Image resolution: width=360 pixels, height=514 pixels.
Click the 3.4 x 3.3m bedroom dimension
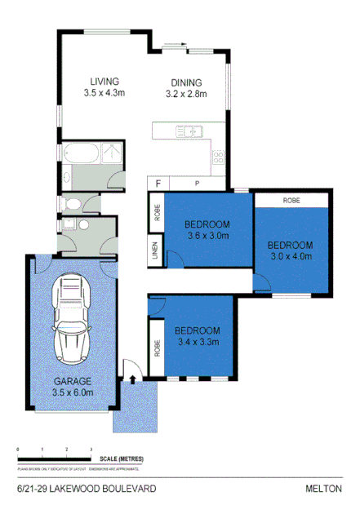coord(198,342)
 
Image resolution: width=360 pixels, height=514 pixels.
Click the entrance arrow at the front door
coord(132,379)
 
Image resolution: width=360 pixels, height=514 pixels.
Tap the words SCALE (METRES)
coord(120,459)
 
